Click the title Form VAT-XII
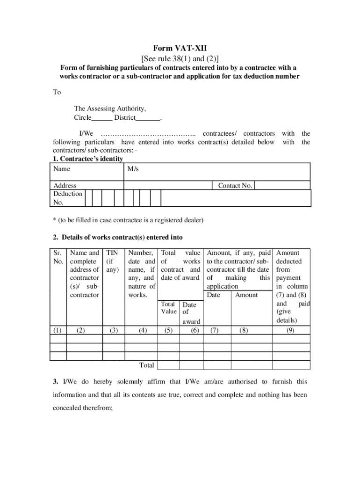[180, 49]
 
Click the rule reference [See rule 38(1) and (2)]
[180, 58]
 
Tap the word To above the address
[57, 92]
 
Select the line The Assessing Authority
[109, 109]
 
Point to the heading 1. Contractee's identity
[88, 159]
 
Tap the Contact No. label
[235, 186]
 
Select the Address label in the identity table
[65, 186]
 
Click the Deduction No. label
[67, 198]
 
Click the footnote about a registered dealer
[128, 220]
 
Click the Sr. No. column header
[58, 257]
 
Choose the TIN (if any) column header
[113, 261]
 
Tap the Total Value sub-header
[168, 308]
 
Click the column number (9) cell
[290, 330]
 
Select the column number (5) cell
[168, 330]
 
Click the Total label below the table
[147, 365]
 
